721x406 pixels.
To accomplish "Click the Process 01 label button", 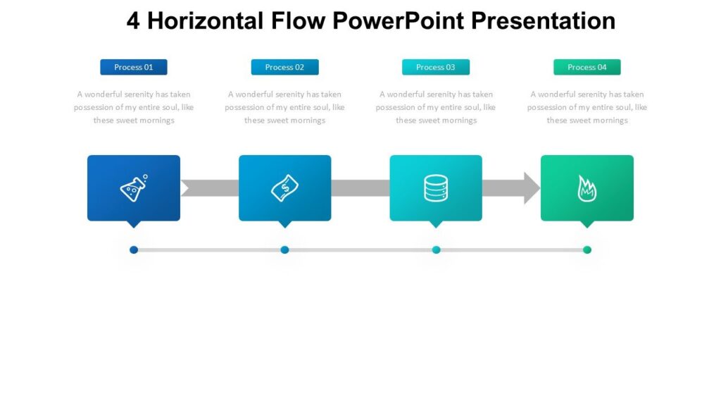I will coord(134,67).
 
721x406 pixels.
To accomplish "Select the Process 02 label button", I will coord(284,67).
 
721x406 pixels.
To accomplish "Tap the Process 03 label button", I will coord(436,67).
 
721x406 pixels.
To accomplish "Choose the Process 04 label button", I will coord(587,67).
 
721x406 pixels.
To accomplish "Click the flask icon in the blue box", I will coord(134,188).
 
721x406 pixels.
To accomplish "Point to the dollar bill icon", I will coord(284,188).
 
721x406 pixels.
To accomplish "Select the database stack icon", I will coord(436,188).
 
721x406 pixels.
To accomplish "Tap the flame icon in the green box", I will coord(587,188).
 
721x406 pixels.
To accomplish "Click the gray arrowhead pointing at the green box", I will coord(532,188).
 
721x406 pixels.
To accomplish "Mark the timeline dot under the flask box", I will coord(134,250).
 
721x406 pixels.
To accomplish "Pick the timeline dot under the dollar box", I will coord(284,250).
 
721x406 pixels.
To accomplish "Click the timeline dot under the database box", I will coord(436,250).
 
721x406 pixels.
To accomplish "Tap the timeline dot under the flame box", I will coord(587,250).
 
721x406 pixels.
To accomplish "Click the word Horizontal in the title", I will coord(206,21).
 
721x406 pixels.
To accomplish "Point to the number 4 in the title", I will coord(134,21).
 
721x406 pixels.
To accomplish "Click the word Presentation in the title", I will coord(544,21).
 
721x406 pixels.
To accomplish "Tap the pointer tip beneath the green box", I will coord(587,226).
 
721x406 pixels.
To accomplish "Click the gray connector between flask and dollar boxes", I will coord(210,188).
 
